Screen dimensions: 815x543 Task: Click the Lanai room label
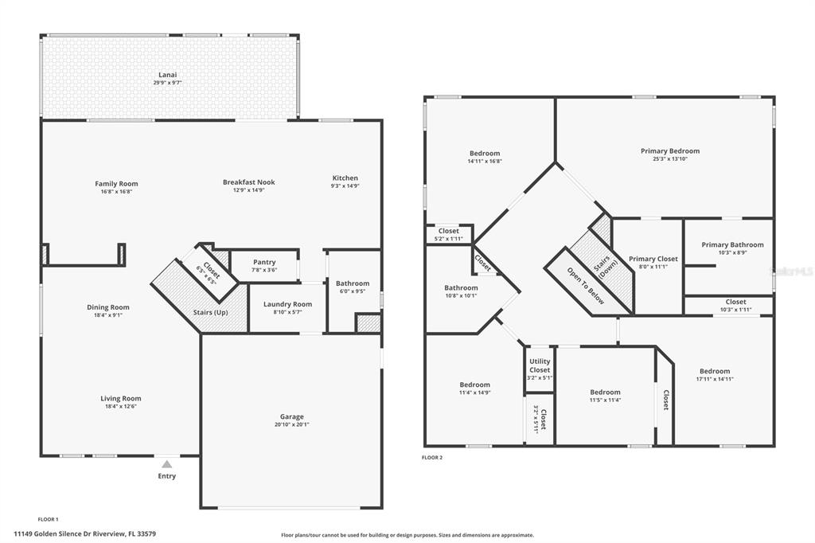click(168, 75)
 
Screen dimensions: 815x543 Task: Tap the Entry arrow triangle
click(167, 464)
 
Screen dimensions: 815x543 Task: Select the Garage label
click(291, 416)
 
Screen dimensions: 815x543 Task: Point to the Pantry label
click(264, 262)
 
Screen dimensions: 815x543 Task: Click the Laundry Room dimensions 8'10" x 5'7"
click(287, 312)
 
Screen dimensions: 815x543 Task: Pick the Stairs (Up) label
click(210, 313)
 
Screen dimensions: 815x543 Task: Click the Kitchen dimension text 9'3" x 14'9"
click(345, 186)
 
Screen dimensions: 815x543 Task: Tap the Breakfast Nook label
click(249, 182)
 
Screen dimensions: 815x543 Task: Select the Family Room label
click(116, 184)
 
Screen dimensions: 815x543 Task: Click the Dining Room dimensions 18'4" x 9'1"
click(108, 315)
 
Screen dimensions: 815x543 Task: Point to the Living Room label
click(121, 398)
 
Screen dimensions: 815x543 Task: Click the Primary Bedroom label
click(670, 150)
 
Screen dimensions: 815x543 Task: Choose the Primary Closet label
click(653, 259)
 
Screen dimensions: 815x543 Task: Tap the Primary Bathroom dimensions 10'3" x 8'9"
click(733, 252)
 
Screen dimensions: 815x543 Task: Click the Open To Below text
click(586, 286)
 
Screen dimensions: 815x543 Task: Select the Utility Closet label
click(540, 365)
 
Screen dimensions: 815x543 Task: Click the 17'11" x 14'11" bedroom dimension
click(715, 379)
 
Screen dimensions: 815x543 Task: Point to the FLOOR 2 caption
click(432, 458)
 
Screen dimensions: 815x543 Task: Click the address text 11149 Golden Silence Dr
click(62, 533)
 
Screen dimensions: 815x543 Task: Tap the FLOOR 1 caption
click(49, 519)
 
